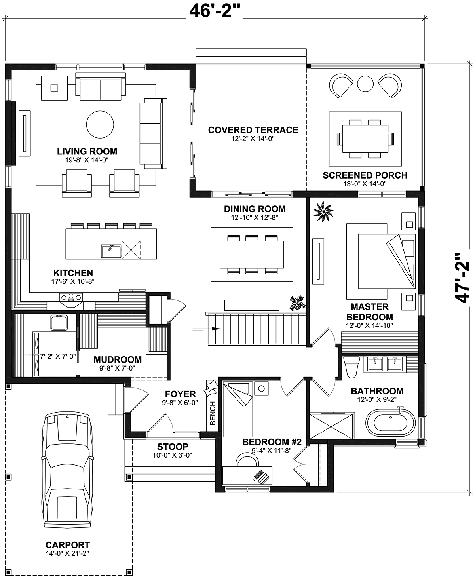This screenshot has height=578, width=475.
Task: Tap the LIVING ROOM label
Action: tap(87, 151)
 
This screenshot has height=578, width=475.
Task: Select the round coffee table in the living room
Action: tap(100, 124)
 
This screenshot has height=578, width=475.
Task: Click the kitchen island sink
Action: tap(111, 251)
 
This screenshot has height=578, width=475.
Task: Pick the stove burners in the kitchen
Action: tap(71, 297)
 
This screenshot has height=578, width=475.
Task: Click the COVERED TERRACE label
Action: tap(253, 130)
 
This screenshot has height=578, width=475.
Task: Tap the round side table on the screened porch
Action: tap(365, 84)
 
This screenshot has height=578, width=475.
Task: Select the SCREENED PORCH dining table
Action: tap(365, 139)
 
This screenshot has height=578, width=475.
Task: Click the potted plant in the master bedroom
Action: tap(324, 211)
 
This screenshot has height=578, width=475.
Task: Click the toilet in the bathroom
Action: tap(351, 367)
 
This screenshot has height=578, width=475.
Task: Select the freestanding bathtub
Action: tap(391, 423)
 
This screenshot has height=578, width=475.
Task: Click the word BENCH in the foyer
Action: tap(213, 413)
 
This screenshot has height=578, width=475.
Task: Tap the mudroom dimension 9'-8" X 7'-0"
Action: tap(117, 368)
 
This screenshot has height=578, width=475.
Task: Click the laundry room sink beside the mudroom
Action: tap(59, 322)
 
